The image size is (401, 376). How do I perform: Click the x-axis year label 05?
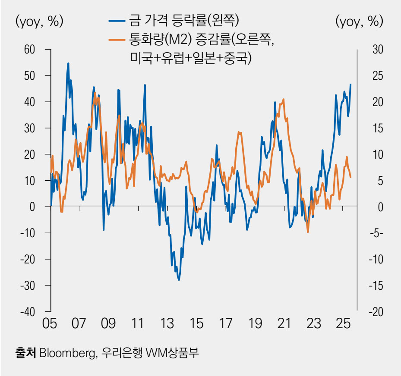tap(51, 324)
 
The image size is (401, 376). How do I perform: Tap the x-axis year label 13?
tap(167, 324)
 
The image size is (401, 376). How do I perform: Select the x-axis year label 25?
tap(343, 324)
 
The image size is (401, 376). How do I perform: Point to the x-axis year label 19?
tap(255, 324)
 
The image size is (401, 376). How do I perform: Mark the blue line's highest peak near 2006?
tap(68, 63)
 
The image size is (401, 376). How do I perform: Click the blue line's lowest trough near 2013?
tap(179, 280)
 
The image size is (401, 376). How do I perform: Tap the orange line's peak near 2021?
tap(284, 100)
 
